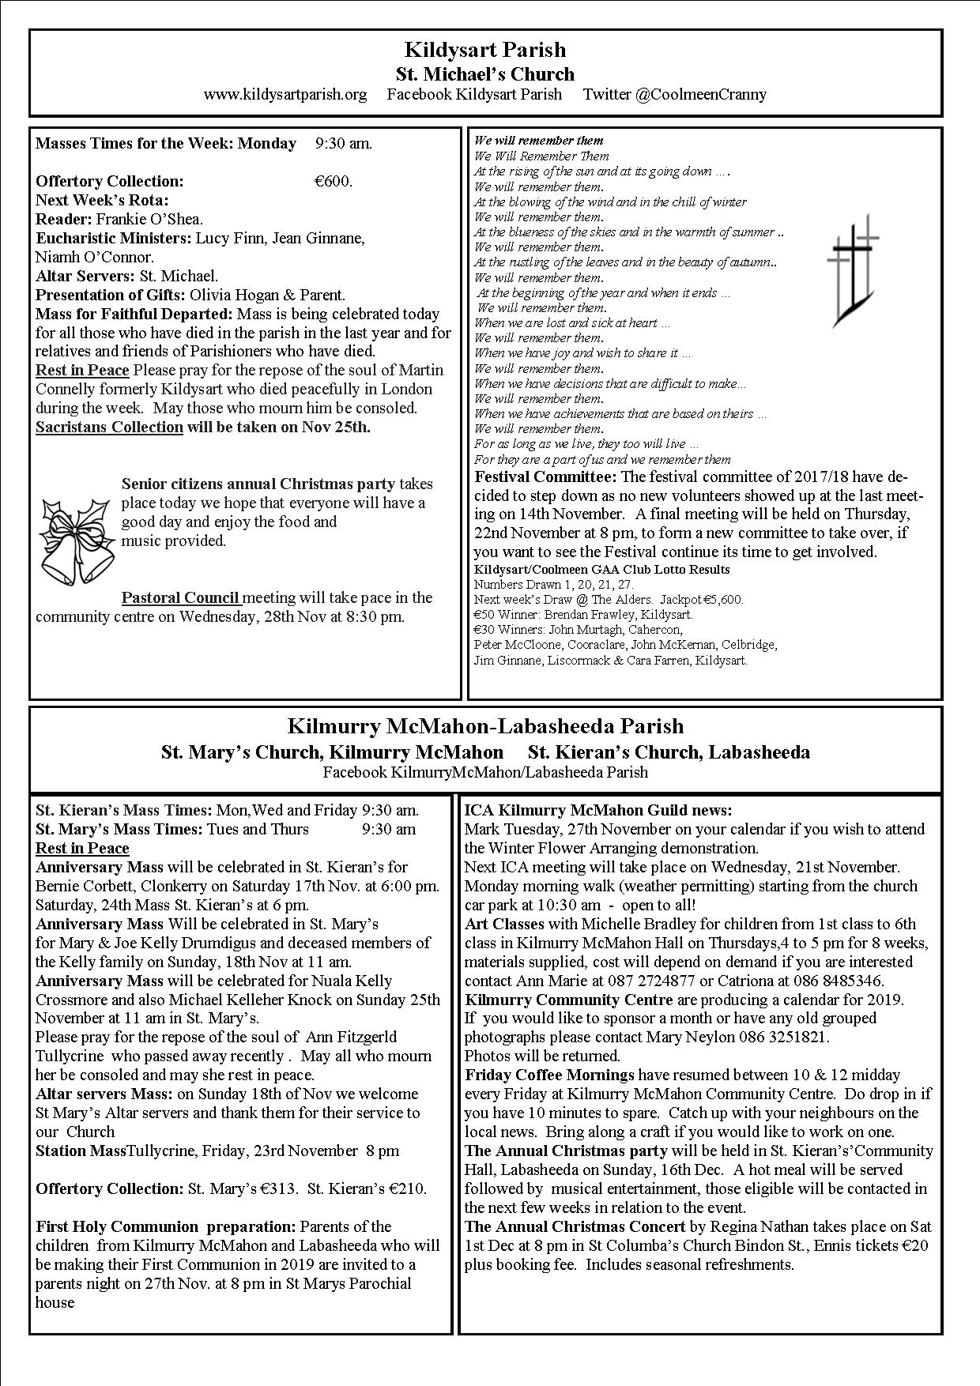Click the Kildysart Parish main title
pos(484,50)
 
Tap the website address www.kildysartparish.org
pos(285,95)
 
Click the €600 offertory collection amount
pos(333,181)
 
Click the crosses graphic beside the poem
pos(852,269)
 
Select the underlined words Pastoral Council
pos(181,597)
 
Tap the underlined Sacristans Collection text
pos(109,427)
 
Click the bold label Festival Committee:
pos(545,476)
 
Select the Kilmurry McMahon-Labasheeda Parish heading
pos(485,726)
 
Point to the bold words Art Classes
pos(504,924)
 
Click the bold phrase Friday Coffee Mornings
pos(549,1075)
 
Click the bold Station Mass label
pos(81,1151)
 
